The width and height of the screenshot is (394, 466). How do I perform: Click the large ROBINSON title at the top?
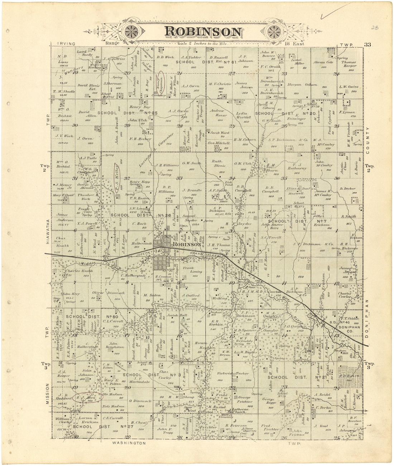pos(203,31)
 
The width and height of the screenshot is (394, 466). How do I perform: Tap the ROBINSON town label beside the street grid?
pos(187,244)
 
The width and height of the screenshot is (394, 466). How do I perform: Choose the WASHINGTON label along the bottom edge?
pos(129,443)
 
